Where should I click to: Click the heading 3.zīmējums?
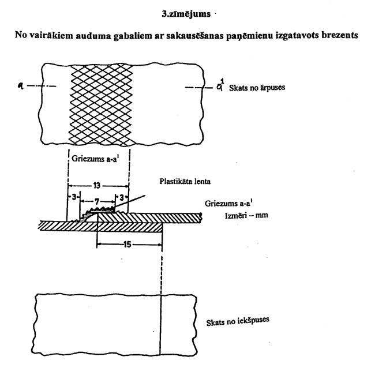click(187, 10)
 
